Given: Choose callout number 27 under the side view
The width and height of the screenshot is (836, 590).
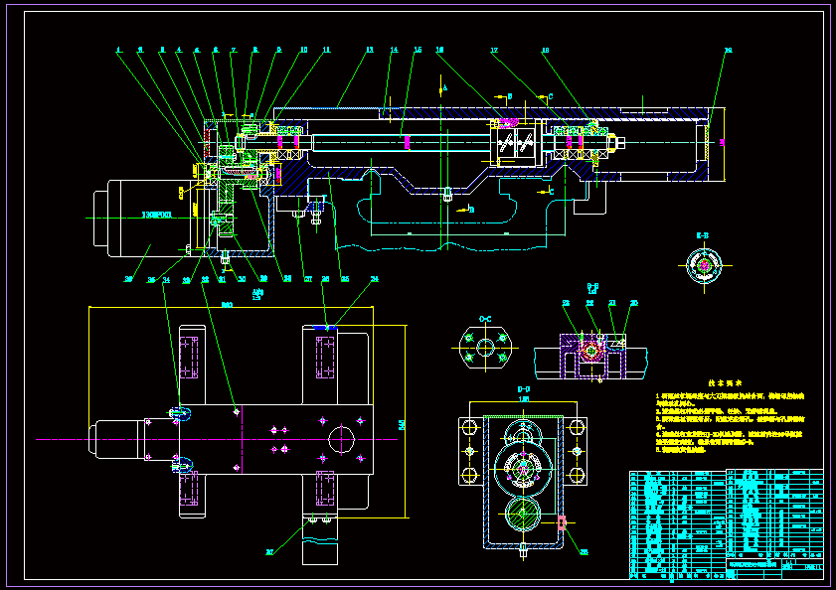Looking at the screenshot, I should pyautogui.click(x=307, y=279).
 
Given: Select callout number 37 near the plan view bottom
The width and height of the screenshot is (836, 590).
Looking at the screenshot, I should pyautogui.click(x=268, y=551).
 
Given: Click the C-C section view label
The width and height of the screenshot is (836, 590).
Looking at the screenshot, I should pyautogui.click(x=485, y=319).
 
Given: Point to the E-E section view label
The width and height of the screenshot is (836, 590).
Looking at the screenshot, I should pyautogui.click(x=703, y=235).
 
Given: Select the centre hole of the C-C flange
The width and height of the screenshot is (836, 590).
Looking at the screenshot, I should pyautogui.click(x=485, y=347).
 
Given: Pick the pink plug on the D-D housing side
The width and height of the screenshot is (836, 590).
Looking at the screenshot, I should pyautogui.click(x=563, y=521).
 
